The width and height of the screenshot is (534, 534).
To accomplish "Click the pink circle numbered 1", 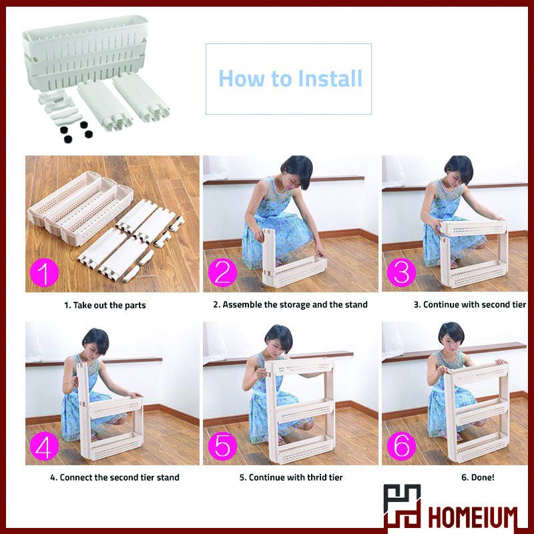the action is [x=44, y=272].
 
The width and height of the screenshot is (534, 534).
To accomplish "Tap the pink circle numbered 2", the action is [x=222, y=272].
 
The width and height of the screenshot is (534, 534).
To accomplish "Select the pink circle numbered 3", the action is [x=401, y=272].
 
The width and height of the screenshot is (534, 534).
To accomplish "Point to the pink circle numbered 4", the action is [x=44, y=445].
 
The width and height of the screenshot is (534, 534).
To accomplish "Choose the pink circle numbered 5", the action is [x=222, y=445].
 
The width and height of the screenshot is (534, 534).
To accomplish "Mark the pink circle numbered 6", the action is [x=401, y=445].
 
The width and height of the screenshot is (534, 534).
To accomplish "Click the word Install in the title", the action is [x=330, y=78].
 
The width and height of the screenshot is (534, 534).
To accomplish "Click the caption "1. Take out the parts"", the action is [x=105, y=305].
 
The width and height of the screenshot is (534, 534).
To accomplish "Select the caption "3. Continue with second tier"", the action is [x=470, y=304].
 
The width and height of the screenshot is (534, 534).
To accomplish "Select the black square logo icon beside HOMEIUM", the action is [x=402, y=507].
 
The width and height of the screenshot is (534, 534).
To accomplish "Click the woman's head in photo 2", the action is [x=297, y=172].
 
